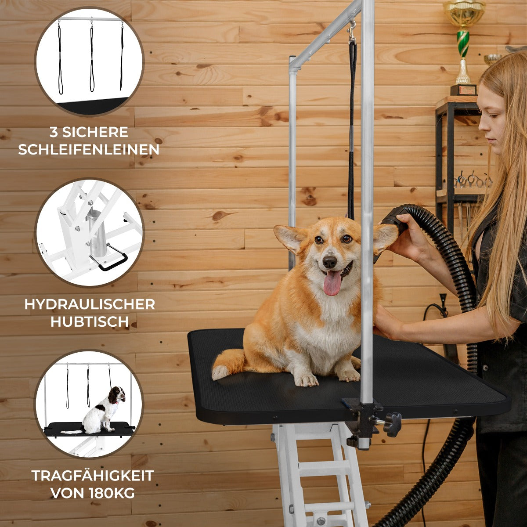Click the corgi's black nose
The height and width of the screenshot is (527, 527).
click(x=329, y=262)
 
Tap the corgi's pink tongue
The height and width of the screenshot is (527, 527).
click(x=332, y=283)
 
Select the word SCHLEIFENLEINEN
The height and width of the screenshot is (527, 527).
click(x=89, y=150)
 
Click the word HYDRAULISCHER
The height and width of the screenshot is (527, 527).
click(x=90, y=304)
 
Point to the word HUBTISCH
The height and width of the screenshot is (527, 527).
click(x=90, y=321)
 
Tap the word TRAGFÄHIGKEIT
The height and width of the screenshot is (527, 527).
click(x=92, y=476)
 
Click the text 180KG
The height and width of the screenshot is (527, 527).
click(x=112, y=493)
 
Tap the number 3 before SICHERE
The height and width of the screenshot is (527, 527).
click(x=54, y=132)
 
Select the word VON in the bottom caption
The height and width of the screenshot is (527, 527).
click(x=68, y=493)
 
